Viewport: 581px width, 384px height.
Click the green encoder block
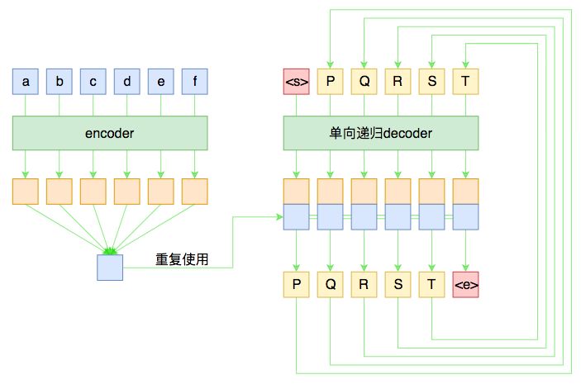click(x=110, y=133)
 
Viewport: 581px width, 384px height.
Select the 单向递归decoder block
click(x=381, y=133)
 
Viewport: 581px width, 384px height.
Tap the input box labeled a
click(x=26, y=82)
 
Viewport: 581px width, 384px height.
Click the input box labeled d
click(x=126, y=82)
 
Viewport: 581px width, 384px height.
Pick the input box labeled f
click(x=194, y=82)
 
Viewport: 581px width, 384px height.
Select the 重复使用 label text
click(x=182, y=259)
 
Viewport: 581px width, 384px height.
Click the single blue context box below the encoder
click(x=110, y=268)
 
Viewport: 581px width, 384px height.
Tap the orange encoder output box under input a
click(x=26, y=192)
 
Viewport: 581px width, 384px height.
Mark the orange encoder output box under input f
click(x=194, y=192)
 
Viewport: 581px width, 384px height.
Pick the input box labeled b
click(x=60, y=82)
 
